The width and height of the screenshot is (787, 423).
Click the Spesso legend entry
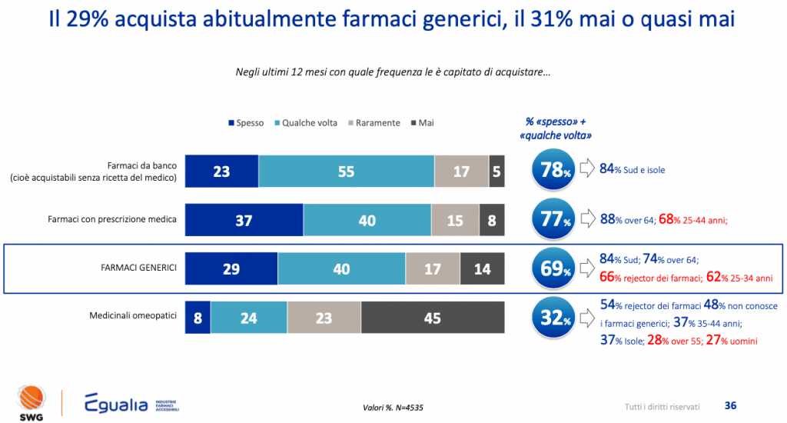point(246,123)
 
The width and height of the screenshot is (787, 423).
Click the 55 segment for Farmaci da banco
point(346,172)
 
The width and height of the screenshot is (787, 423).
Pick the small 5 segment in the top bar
point(497,172)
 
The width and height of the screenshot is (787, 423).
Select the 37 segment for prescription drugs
point(244,220)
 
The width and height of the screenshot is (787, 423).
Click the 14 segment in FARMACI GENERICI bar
point(482,269)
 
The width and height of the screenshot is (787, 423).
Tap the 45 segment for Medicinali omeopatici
point(432,318)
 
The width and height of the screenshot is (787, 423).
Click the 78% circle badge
point(553,170)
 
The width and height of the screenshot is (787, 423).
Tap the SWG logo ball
point(30,397)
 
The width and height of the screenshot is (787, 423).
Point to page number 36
point(731,405)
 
